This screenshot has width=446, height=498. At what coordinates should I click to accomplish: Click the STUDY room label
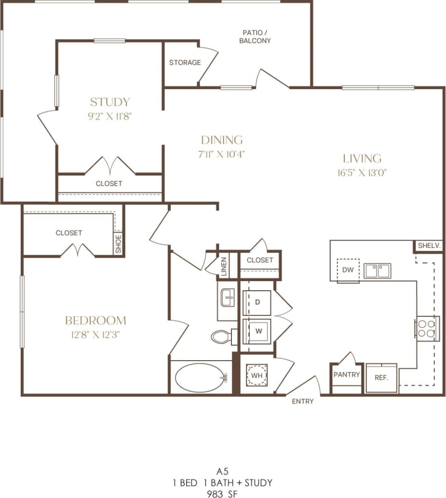point(110,102)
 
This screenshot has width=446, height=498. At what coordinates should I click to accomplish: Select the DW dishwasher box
point(348,270)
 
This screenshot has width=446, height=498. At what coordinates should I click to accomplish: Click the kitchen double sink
point(377,270)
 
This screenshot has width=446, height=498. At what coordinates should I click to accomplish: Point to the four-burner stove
point(427,329)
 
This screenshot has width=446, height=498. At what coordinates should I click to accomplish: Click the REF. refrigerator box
point(381,377)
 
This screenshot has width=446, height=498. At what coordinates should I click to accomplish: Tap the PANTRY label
point(347,375)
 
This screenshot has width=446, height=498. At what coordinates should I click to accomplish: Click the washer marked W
point(257,331)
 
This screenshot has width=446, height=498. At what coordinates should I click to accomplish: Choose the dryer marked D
point(257,302)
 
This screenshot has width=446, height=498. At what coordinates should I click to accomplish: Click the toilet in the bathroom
point(221,336)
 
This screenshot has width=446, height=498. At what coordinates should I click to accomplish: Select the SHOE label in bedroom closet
point(119,243)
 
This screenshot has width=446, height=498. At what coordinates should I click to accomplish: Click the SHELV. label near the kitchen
point(429,245)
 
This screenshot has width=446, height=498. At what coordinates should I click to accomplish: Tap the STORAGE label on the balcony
point(185,63)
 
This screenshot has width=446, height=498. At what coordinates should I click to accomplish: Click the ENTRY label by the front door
point(303,401)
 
